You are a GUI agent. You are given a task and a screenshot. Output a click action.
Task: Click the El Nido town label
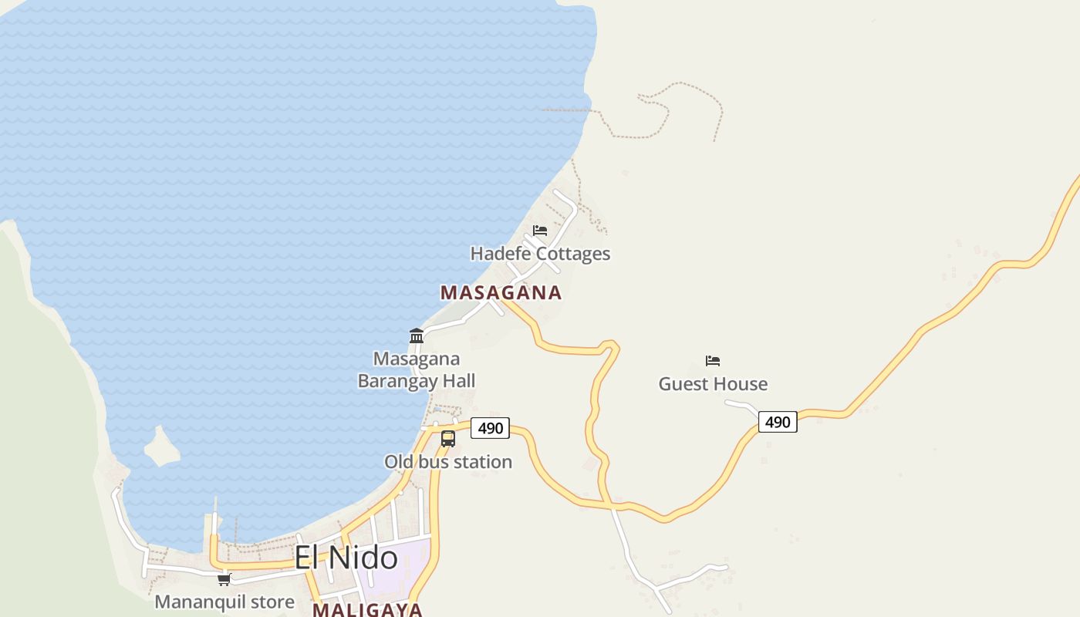pos(346,558)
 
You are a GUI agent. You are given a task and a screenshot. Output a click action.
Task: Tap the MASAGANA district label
pos(501,293)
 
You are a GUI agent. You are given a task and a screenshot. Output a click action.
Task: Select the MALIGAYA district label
pos(367,609)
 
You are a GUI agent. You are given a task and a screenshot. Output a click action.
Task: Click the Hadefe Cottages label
pos(540,254)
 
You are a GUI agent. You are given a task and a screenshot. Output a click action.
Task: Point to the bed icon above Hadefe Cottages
pos(540,230)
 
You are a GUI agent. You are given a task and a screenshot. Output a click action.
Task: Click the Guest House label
pos(713,384)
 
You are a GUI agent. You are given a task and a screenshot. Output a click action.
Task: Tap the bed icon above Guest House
pos(713,360)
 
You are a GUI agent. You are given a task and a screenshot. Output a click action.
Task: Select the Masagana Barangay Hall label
pos(417,369)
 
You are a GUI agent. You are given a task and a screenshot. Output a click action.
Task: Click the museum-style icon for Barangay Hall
pos(417,335)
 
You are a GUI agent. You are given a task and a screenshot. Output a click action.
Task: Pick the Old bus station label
pos(448,462)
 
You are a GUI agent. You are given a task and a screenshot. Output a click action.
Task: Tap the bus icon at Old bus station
pos(448,439)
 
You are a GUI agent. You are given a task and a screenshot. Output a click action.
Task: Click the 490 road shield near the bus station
pos(490,428)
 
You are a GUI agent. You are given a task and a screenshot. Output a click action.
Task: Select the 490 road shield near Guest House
pos(778,422)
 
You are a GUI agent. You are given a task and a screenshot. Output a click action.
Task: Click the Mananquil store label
pos(224,602)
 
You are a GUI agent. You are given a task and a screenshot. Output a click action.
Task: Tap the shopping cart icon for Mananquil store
pos(224,579)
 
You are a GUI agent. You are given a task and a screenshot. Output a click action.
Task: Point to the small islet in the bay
pos(161,447)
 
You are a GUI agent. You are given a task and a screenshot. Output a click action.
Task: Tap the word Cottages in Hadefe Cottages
pos(573,254)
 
